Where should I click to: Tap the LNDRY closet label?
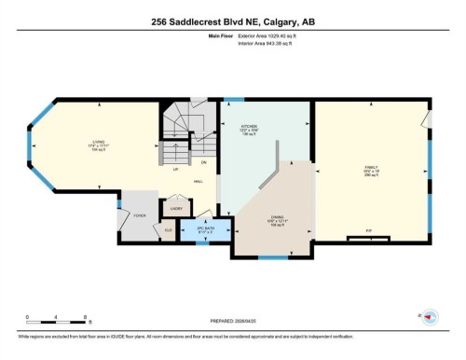(x=175, y=209)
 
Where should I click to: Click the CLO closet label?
(x=169, y=228)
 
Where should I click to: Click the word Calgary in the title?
(x=278, y=11)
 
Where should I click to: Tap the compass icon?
(x=428, y=315)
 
